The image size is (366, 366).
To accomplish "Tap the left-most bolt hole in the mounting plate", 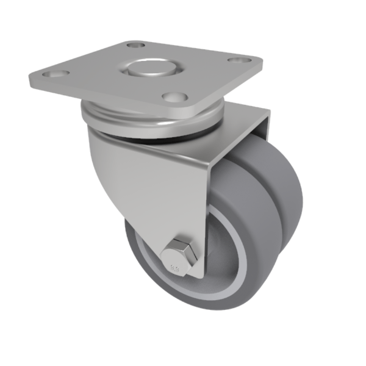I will pyautogui.click(x=56, y=74).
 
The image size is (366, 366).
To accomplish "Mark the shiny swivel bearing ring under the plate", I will pyautogui.click(x=152, y=125).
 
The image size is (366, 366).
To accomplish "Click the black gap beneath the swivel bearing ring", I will pyautogui.click(x=183, y=142).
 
